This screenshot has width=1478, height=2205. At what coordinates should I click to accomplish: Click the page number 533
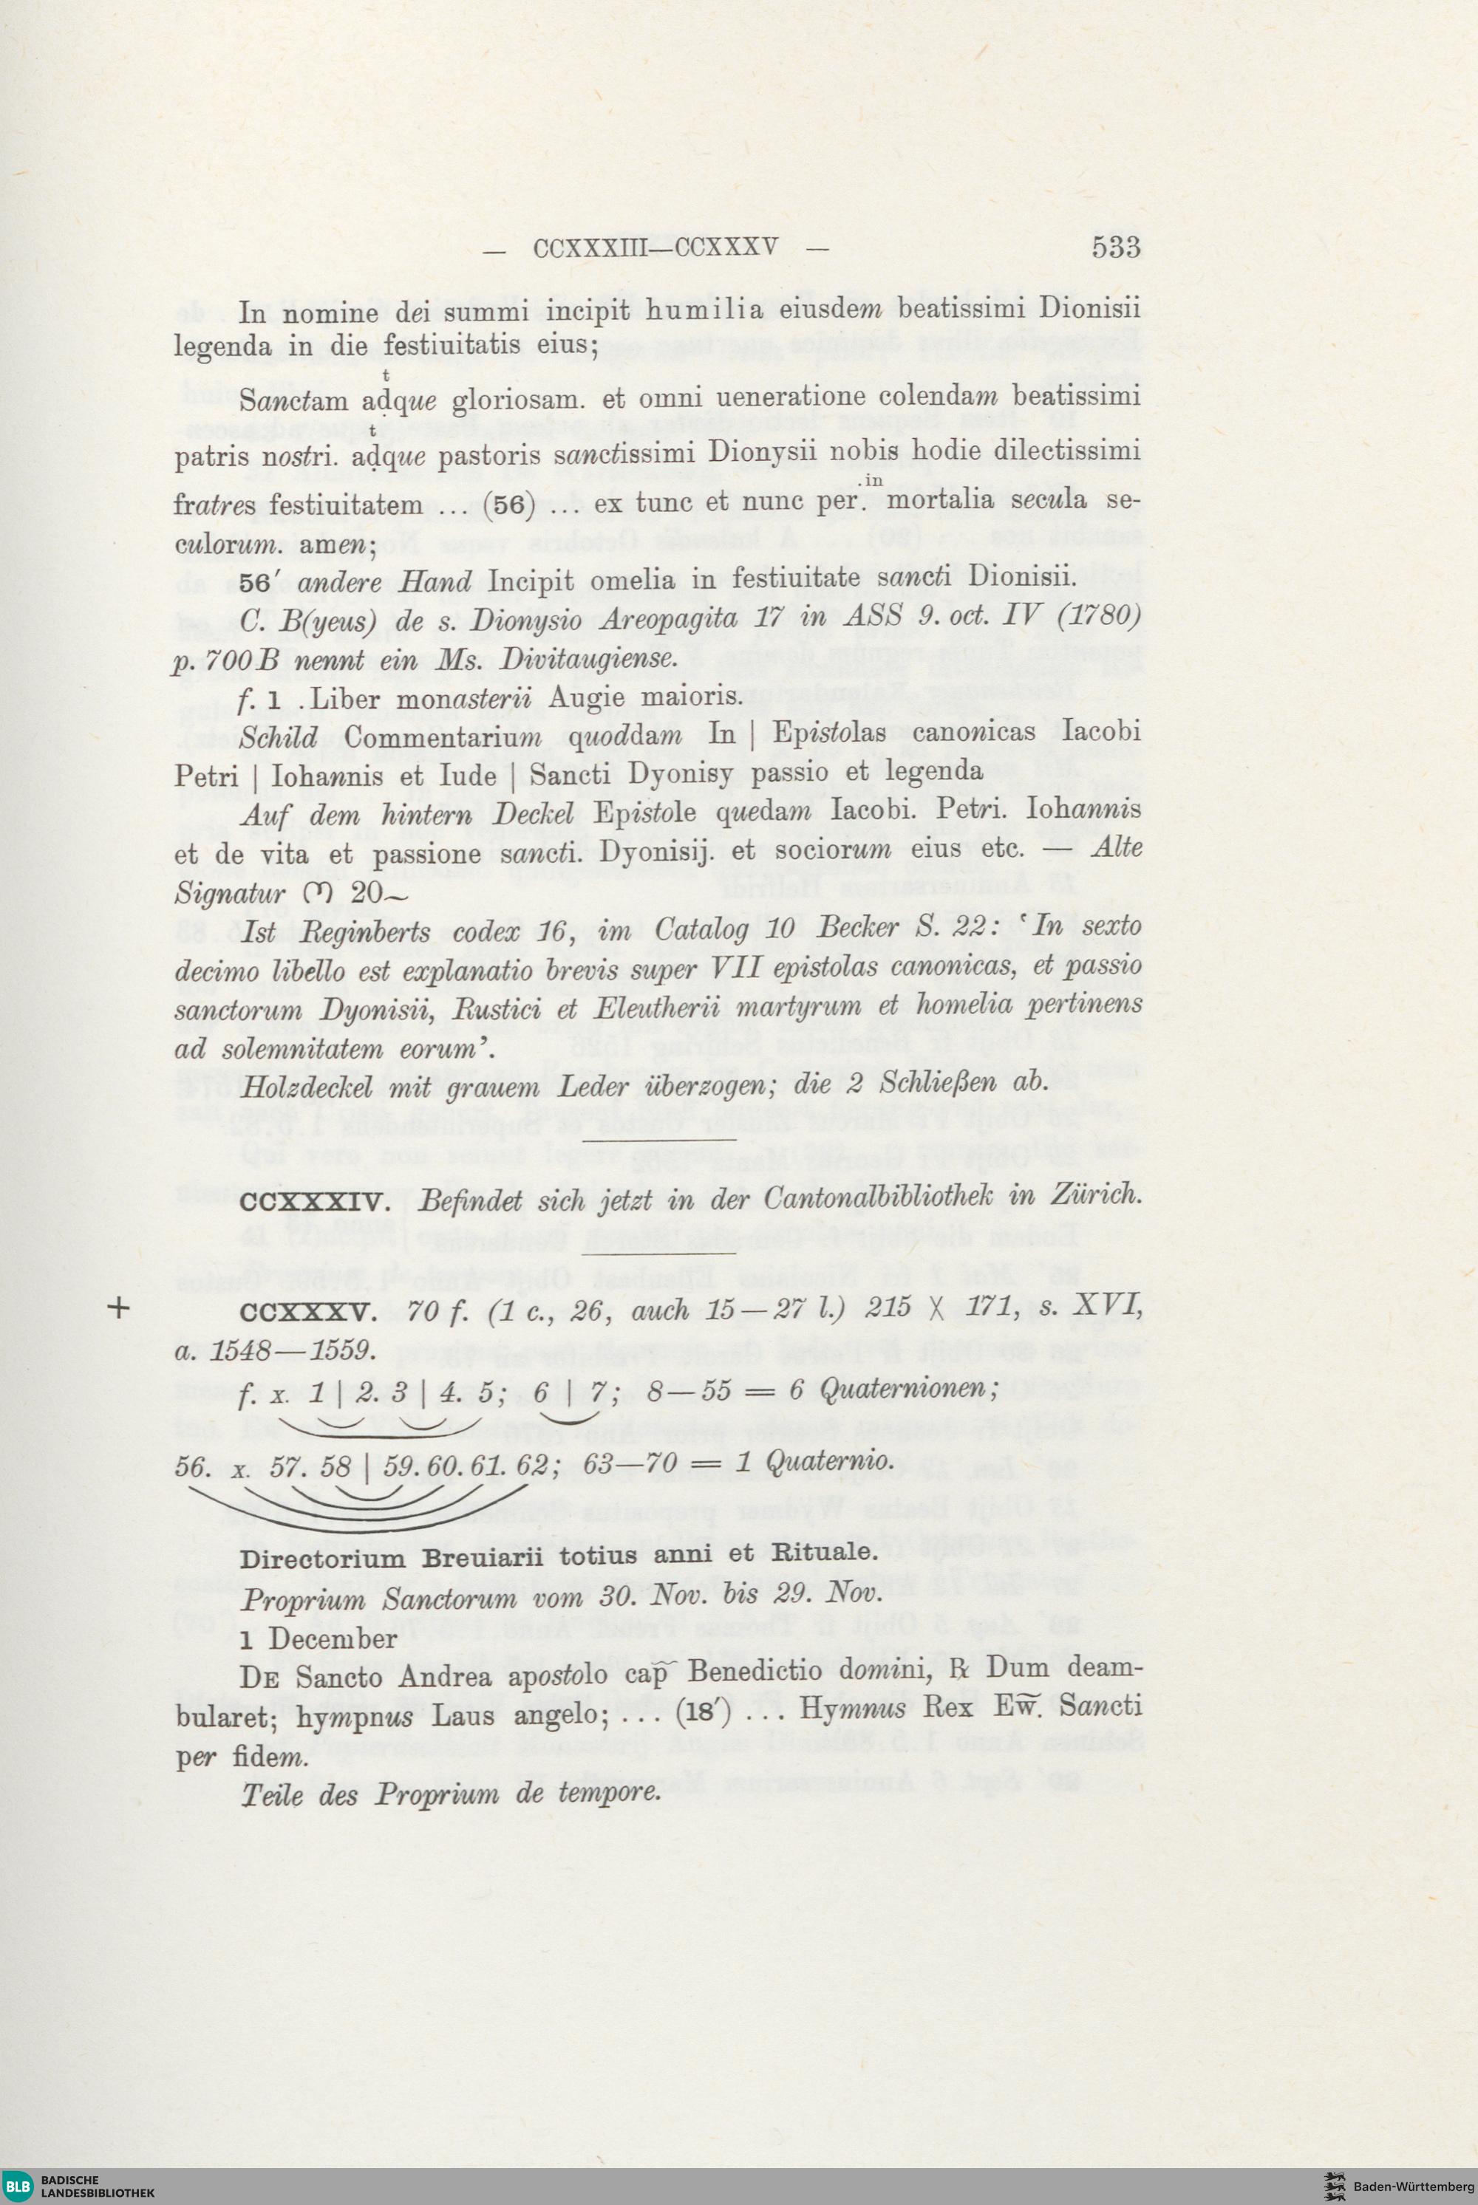click(x=1116, y=247)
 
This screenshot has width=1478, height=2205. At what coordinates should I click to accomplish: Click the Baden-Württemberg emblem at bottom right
click(x=1335, y=2185)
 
